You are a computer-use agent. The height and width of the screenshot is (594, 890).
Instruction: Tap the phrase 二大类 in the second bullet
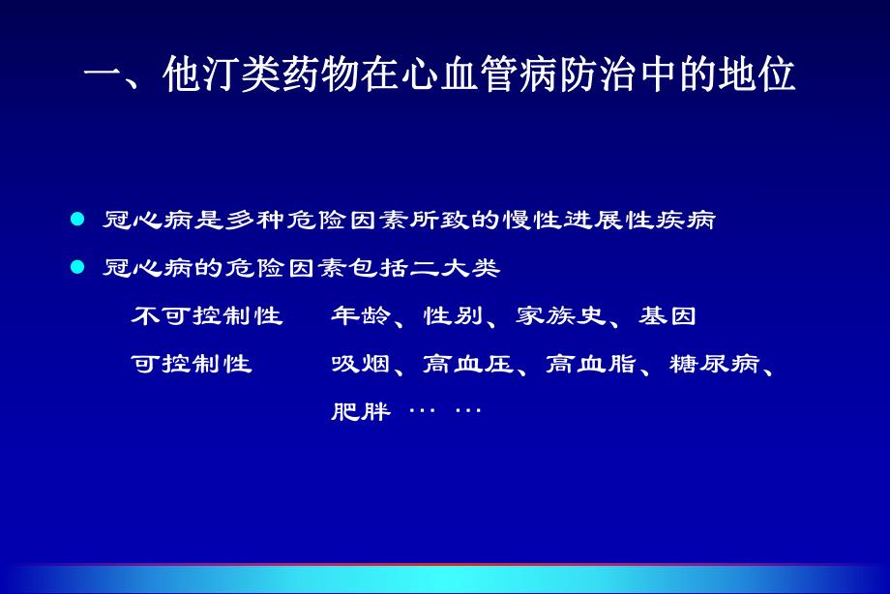468,268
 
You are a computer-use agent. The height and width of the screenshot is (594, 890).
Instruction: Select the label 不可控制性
207,316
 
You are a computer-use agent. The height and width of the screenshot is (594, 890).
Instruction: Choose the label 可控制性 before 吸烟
192,364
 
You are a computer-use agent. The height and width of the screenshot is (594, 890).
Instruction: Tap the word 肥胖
361,412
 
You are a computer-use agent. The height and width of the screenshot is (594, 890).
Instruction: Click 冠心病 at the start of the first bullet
133,221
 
